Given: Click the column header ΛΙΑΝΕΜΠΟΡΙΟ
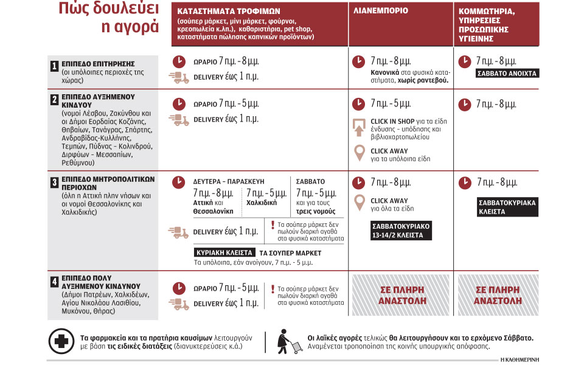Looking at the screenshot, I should pos(380,12).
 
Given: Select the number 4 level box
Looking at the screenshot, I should pos(55,282).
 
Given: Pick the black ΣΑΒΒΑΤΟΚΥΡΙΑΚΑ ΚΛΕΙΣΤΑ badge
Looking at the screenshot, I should pos(507,207).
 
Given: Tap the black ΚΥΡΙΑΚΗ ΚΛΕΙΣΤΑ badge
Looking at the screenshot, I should pos(224,252).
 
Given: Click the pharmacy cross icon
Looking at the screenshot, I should pos(61,341).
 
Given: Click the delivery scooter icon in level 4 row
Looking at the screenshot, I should pos(178,302).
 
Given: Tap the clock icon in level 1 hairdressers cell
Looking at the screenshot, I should pos(464,61).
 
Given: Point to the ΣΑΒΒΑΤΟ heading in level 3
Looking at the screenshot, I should pos(310,181).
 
